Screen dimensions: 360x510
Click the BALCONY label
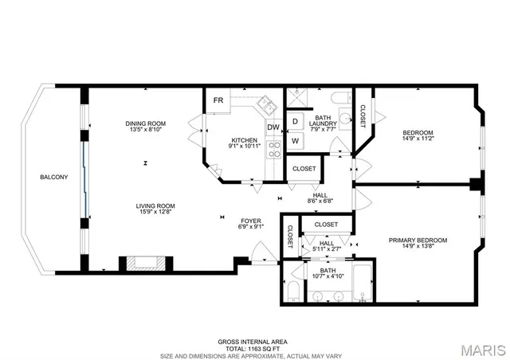pos(54,177)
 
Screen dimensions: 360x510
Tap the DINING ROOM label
pos(145,123)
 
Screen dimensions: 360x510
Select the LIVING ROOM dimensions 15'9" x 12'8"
pos(155,213)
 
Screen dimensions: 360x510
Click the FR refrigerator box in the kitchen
pos(217,100)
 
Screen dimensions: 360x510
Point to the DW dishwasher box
pos(273,127)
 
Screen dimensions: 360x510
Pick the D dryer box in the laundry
pos(294,122)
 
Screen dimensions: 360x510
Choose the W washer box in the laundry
pos(294,141)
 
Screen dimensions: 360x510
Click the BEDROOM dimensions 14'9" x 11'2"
pos(418,139)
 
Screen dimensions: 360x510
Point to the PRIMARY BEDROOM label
pos(418,240)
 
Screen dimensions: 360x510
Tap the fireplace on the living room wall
pos(144,264)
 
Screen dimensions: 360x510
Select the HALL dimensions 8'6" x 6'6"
pos(320,202)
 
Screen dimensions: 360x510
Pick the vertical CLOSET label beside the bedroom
pos(362,115)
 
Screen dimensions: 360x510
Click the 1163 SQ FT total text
pos(254,347)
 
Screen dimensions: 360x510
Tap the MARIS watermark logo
pos(481,349)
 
